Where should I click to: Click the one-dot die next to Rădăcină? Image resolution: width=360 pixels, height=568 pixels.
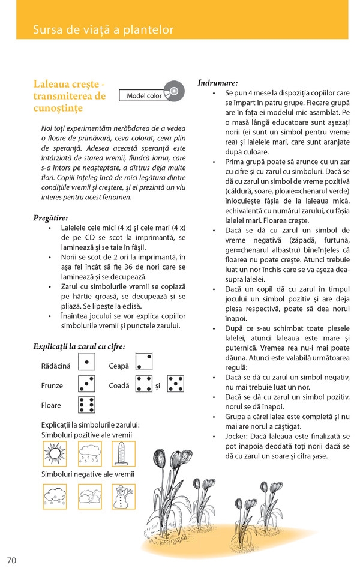click(x=87, y=363)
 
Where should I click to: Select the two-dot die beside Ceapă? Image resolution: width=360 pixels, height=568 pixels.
click(x=143, y=363)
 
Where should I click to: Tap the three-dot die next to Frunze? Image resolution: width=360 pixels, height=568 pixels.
click(x=87, y=384)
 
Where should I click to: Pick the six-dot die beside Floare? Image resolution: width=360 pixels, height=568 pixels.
click(x=87, y=405)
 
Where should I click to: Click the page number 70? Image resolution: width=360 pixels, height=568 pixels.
click(x=11, y=560)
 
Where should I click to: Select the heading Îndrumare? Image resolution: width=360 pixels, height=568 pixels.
click(x=217, y=82)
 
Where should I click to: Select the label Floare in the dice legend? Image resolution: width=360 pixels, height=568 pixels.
click(x=52, y=405)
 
